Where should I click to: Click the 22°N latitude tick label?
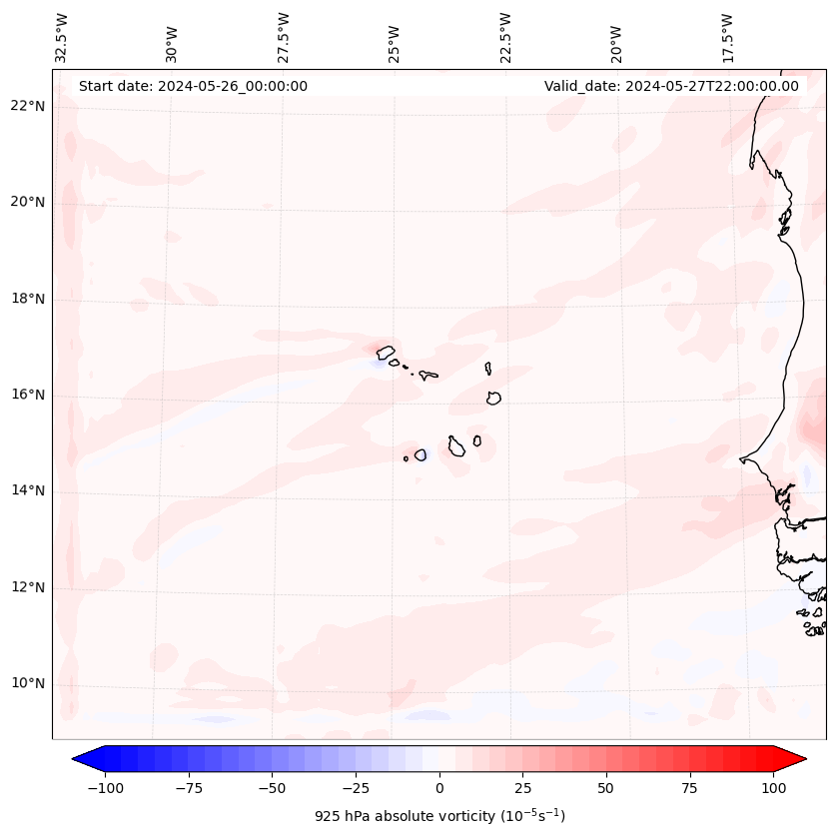pos(27,106)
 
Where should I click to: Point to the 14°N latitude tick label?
pos(27,490)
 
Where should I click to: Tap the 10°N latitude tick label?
pos(27,684)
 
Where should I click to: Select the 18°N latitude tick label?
pos(27,299)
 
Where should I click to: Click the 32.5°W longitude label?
pos(62,37)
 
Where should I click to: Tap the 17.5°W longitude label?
pos(727,37)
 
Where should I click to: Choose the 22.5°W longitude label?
pos(505,37)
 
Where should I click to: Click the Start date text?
pos(193,86)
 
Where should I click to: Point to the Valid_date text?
pos(671,86)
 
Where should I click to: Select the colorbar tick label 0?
pos(439,788)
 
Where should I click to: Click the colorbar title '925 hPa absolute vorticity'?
pos(439,816)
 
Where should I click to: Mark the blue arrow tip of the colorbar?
pos(81,760)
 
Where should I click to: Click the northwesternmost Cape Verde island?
pos(385,352)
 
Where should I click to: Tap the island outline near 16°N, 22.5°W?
pos(493,398)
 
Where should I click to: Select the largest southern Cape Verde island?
pos(456,446)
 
